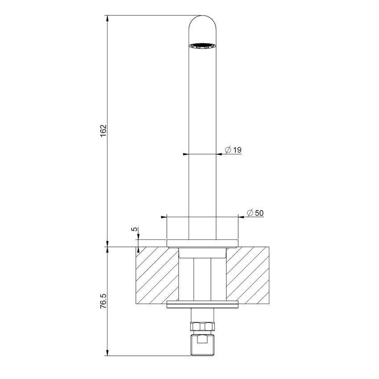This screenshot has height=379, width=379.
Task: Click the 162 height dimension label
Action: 103,132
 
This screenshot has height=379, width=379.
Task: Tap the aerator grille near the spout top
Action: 202,45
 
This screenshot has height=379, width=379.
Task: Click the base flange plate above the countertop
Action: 202,243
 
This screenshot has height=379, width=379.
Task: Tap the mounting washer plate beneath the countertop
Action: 202,305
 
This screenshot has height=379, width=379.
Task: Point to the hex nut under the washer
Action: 202,326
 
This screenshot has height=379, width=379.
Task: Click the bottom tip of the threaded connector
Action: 202,354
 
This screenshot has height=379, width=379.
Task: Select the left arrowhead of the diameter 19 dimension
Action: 186,154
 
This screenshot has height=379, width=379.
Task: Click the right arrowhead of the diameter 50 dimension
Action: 241,217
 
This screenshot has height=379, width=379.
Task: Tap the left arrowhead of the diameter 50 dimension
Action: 163,217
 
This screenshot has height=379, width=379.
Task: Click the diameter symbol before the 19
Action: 227,150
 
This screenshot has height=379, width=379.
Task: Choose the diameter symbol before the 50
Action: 250,213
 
